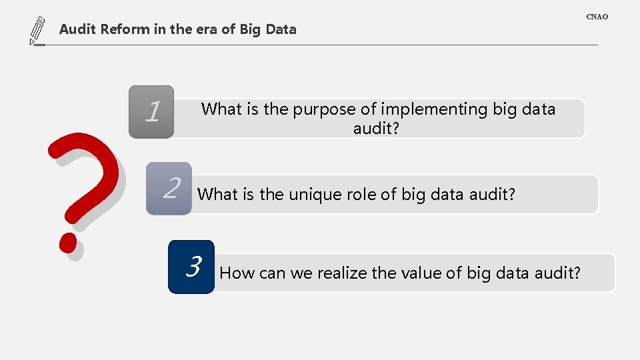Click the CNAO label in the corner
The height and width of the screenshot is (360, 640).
(x=597, y=16)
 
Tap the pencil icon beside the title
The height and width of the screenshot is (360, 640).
(x=37, y=31)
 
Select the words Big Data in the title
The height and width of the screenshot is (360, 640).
(x=272, y=29)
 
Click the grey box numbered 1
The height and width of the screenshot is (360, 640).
(x=151, y=111)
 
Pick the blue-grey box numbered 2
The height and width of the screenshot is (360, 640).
(x=169, y=188)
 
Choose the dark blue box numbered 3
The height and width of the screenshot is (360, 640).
(x=191, y=267)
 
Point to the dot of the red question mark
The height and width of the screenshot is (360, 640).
(x=69, y=241)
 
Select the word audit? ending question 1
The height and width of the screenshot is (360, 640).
(x=376, y=128)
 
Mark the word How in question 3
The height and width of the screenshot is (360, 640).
(x=234, y=273)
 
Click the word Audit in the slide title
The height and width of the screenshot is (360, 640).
(x=78, y=29)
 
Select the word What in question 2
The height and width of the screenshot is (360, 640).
(x=218, y=195)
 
